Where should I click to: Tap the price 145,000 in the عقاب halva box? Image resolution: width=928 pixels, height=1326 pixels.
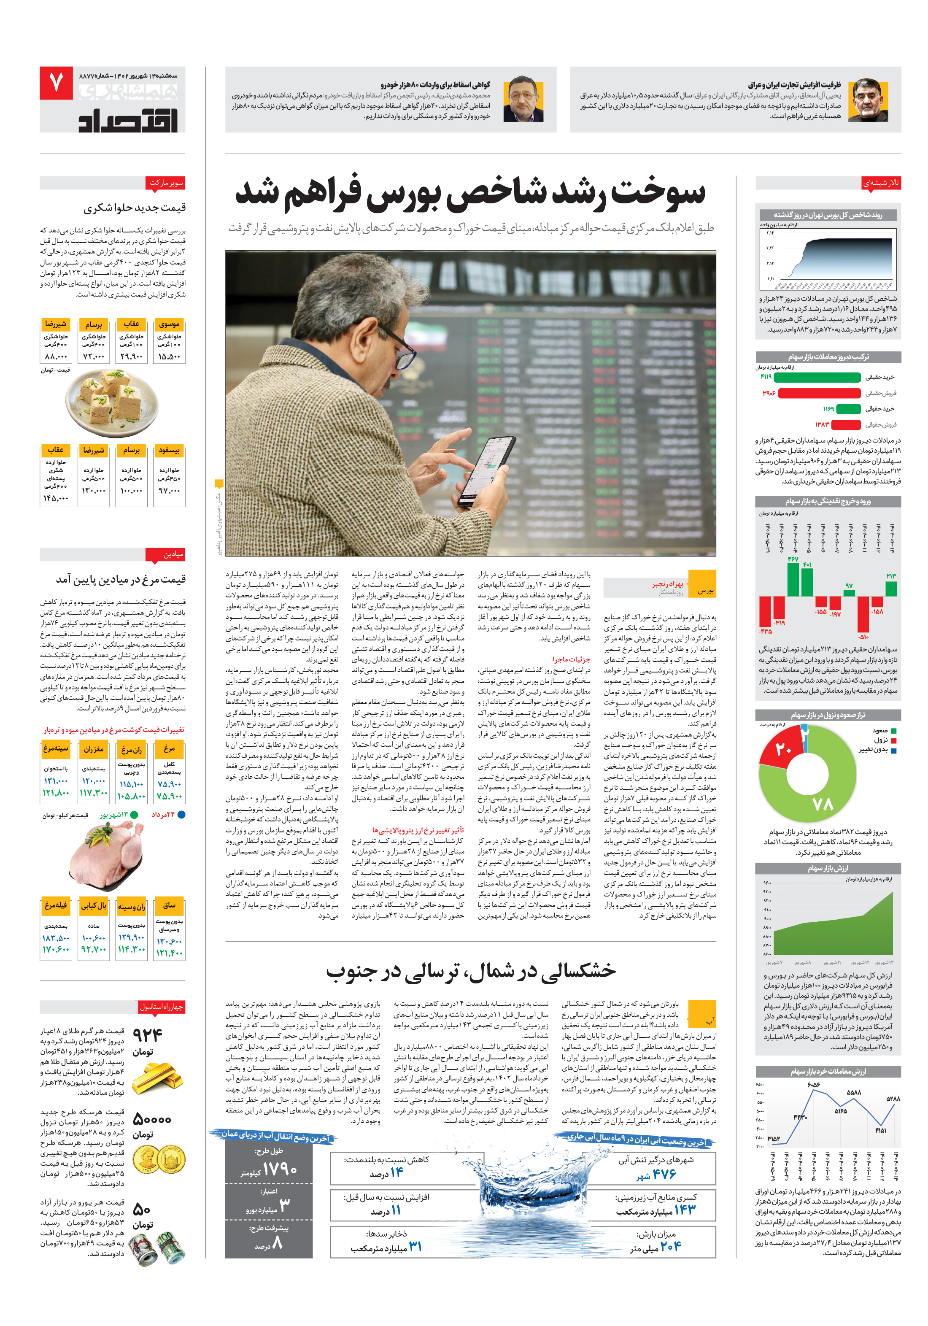(x=55, y=498)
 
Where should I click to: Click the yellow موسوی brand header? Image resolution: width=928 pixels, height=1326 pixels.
(x=169, y=324)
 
